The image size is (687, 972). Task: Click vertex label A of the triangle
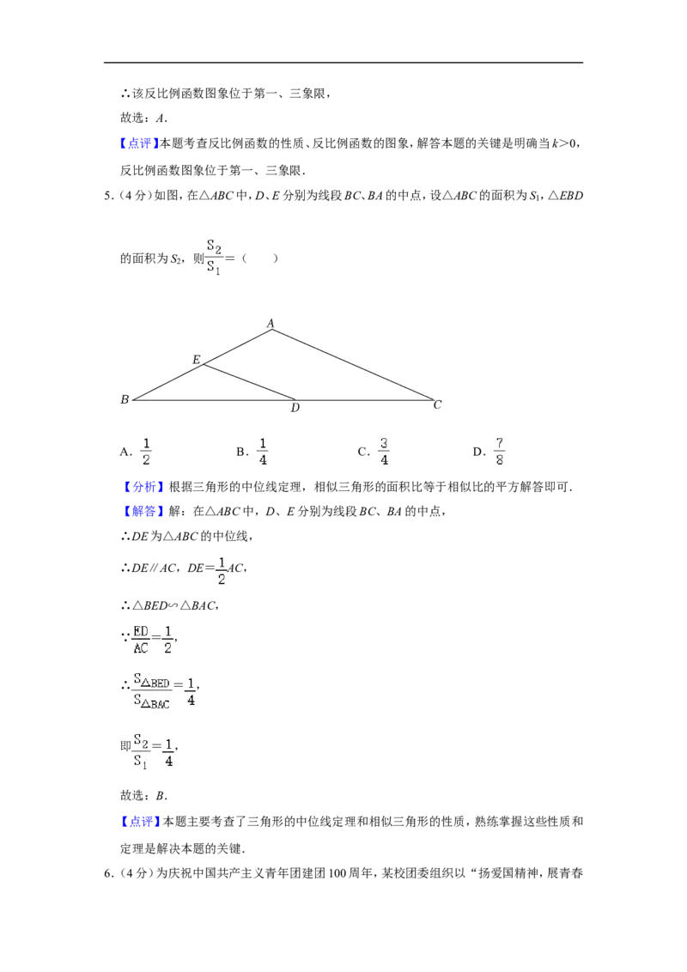click(x=271, y=323)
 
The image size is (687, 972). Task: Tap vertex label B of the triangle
click(x=125, y=400)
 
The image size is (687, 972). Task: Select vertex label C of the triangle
click(x=438, y=404)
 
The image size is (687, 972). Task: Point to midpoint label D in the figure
click(x=295, y=408)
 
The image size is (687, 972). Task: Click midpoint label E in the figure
click(x=197, y=360)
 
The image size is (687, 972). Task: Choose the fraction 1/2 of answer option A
click(x=146, y=452)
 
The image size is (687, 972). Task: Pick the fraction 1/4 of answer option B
click(x=263, y=452)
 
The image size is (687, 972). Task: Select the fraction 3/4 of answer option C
click(x=384, y=452)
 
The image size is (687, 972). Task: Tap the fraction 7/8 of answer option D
click(x=499, y=452)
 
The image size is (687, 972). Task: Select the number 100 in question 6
click(x=337, y=873)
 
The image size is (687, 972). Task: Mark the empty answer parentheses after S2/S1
click(x=260, y=258)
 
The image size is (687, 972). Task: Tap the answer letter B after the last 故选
click(x=160, y=796)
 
